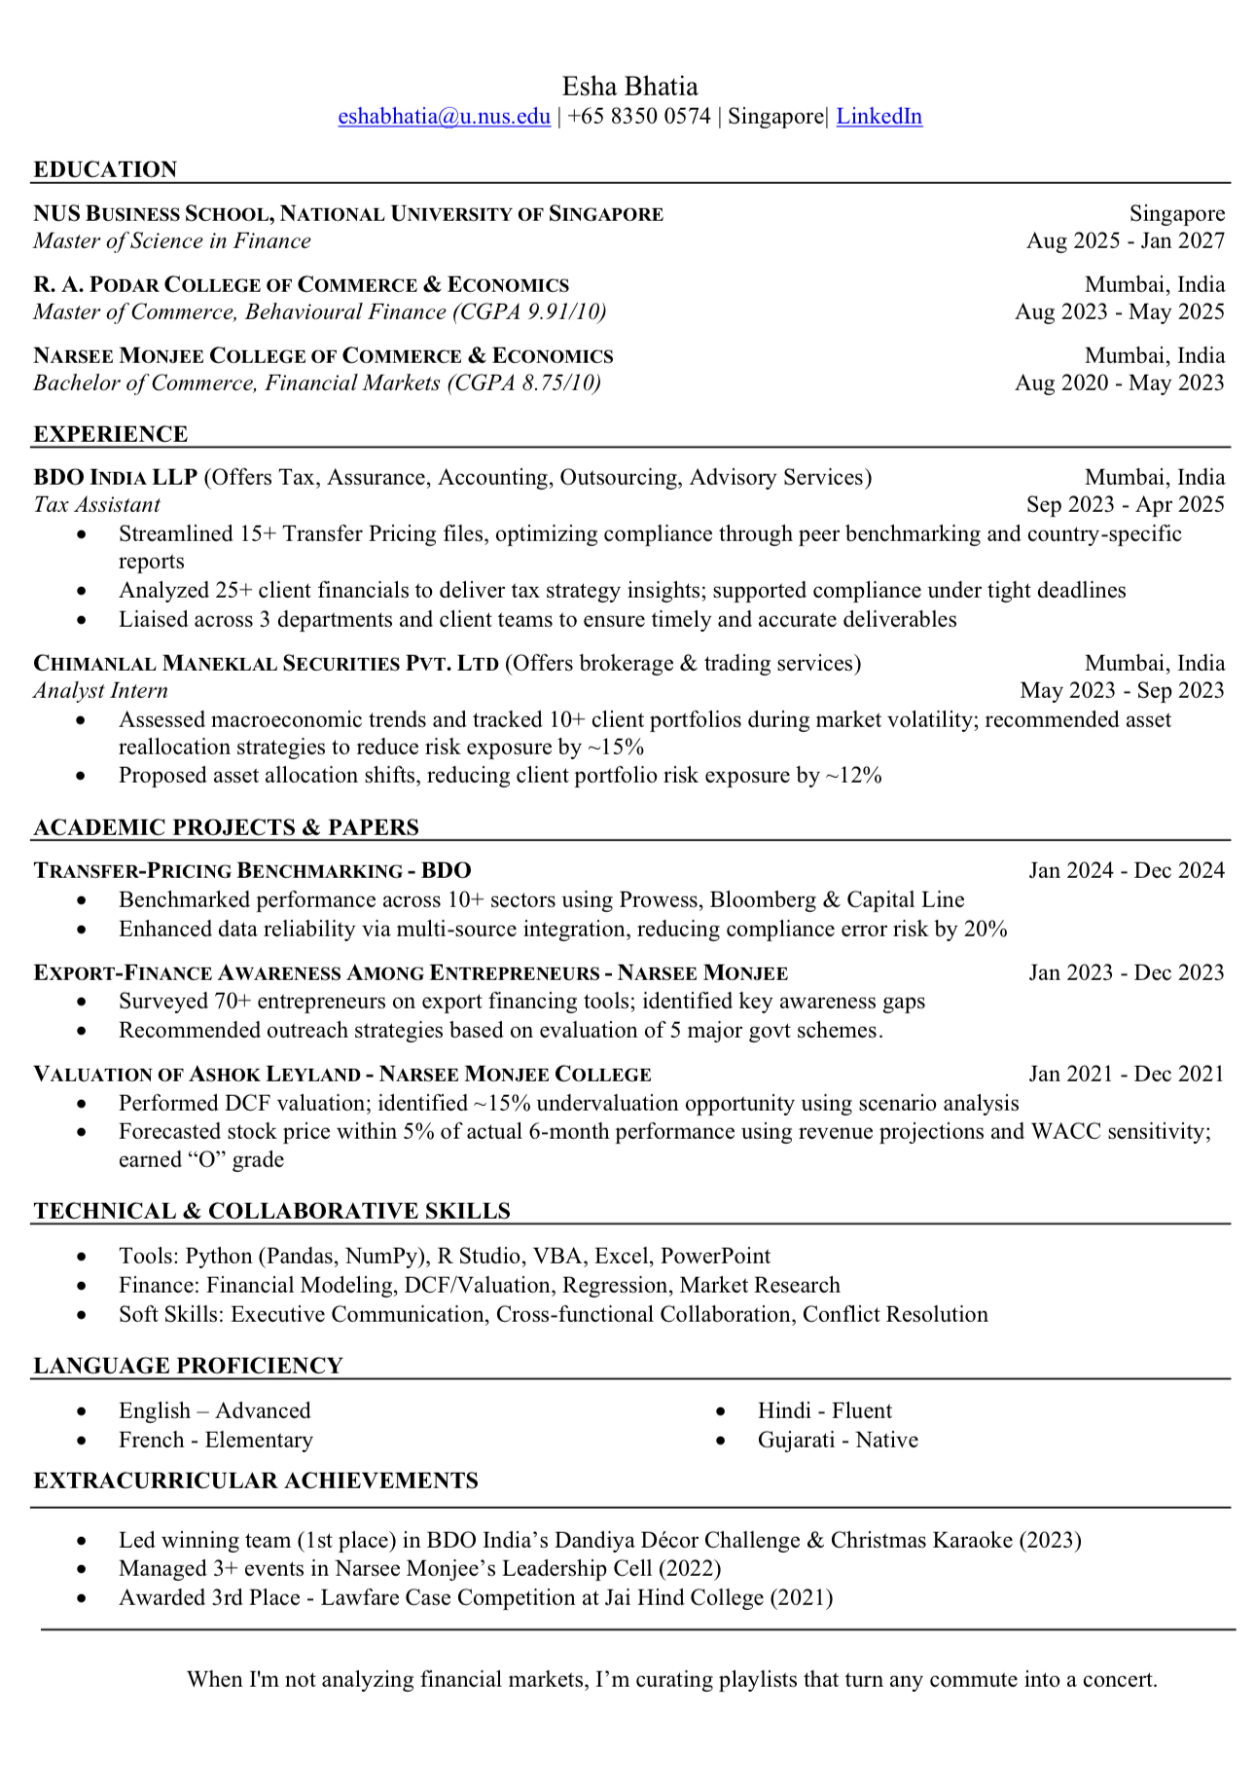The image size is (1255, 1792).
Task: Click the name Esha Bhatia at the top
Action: (629, 87)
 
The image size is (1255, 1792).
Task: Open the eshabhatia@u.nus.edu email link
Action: (444, 117)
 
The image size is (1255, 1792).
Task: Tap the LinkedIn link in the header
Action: (878, 117)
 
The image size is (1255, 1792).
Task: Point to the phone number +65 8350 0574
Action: (639, 117)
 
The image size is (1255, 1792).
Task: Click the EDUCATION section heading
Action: (105, 169)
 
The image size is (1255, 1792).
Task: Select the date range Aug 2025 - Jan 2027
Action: (1126, 241)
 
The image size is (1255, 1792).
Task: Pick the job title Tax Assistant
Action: (96, 505)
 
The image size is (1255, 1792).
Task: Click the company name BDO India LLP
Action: (116, 478)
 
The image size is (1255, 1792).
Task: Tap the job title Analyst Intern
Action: (100, 691)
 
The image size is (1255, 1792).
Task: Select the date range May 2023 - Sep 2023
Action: (1122, 691)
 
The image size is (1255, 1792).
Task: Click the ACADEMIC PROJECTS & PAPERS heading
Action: (226, 827)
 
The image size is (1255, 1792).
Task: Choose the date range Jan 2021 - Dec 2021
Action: (1127, 1075)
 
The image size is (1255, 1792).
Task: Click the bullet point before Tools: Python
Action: (82, 1258)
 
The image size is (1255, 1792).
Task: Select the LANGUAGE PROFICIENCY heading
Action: (188, 1366)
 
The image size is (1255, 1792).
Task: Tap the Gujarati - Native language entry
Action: (838, 1441)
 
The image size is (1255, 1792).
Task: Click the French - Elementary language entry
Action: (215, 1441)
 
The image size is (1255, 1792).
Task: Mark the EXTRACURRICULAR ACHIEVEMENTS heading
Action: (256, 1481)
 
